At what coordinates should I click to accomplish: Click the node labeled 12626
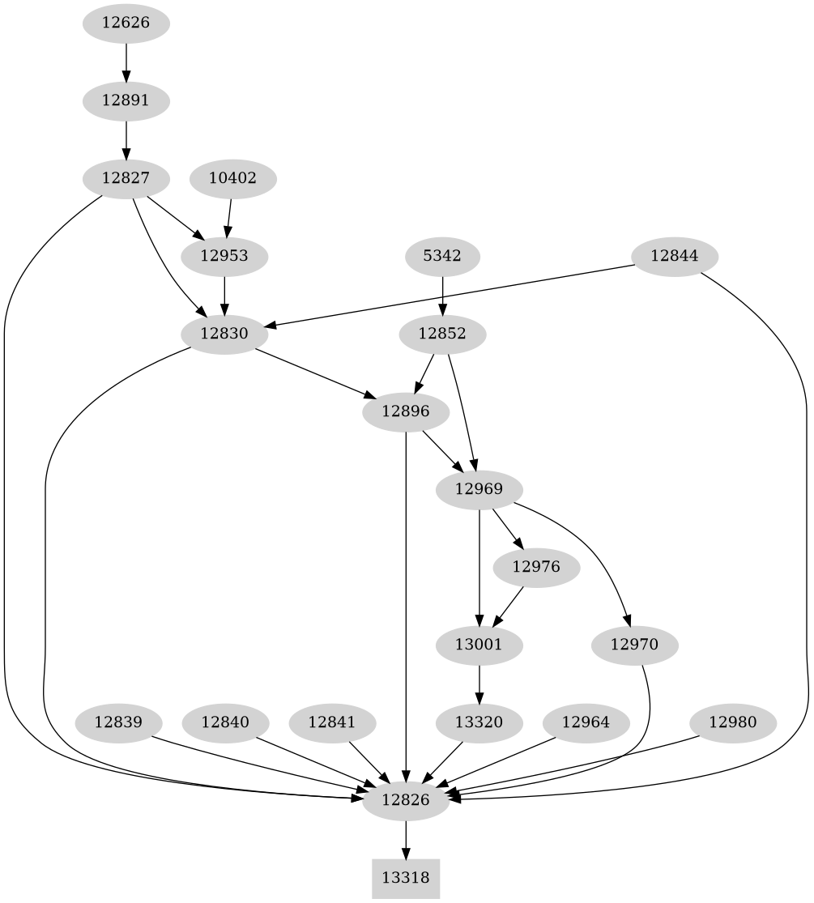pyautogui.click(x=126, y=23)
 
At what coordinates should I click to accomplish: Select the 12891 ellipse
pyautogui.click(x=126, y=101)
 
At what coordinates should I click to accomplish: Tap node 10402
pyautogui.click(x=232, y=178)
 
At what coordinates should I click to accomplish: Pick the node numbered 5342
pyautogui.click(x=442, y=257)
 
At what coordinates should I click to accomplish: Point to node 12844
pyautogui.click(x=674, y=257)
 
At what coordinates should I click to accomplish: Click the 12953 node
pyautogui.click(x=224, y=257)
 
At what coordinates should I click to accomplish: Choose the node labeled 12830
pyautogui.click(x=224, y=333)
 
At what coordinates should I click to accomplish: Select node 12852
pyautogui.click(x=442, y=333)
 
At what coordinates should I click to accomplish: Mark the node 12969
pyautogui.click(x=479, y=489)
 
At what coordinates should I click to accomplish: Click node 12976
pyautogui.click(x=535, y=567)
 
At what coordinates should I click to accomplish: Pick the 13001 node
pyautogui.click(x=479, y=645)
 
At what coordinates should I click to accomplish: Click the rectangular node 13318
pyautogui.click(x=406, y=878)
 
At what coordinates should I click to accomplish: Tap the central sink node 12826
pyautogui.click(x=405, y=800)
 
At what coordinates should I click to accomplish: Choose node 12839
pyautogui.click(x=118, y=722)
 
